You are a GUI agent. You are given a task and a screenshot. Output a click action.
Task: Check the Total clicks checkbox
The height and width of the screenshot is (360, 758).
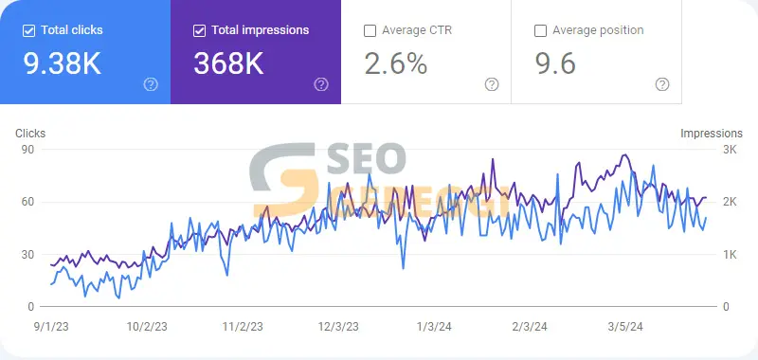point(29,31)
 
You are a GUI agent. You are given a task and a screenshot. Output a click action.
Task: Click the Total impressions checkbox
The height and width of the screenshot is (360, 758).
point(199,31)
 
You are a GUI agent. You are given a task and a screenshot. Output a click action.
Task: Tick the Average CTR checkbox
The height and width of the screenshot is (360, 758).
point(370,31)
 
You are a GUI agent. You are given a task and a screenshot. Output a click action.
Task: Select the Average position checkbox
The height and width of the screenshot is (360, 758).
point(540,31)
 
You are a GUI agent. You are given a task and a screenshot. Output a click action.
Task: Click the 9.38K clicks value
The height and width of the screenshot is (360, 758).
point(63,63)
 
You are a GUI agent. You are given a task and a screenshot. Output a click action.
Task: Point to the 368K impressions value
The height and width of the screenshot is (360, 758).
point(228,63)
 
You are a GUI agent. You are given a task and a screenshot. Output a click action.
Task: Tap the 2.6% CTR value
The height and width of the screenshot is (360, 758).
point(396,63)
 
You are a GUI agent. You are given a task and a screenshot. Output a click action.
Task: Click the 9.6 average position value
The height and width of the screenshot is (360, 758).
point(555,63)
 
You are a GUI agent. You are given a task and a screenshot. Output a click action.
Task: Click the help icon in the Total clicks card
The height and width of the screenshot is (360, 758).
point(151,84)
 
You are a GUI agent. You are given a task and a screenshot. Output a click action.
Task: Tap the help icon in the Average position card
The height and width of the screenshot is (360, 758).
point(662,84)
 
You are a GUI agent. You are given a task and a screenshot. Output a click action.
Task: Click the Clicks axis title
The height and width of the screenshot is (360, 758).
point(30,134)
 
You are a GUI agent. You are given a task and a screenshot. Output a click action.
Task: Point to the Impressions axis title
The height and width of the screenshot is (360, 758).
point(712,134)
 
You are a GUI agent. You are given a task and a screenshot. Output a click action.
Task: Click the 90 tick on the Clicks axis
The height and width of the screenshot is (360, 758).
point(27,150)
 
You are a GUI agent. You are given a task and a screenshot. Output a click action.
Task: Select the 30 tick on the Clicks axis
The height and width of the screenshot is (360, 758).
point(27,254)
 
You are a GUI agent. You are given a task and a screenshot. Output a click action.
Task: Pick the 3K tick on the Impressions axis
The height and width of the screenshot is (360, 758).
point(730,150)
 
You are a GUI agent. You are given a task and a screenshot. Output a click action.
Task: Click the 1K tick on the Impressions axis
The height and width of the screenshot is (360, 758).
point(730,254)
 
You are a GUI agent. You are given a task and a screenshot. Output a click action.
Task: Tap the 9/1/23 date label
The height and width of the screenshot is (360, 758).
point(51,327)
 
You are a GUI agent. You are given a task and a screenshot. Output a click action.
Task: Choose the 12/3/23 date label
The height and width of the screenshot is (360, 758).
point(338,327)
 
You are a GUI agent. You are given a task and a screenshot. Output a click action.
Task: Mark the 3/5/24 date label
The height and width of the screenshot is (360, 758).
point(624,327)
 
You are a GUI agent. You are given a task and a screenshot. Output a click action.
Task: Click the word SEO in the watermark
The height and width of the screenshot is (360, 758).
point(366,158)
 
